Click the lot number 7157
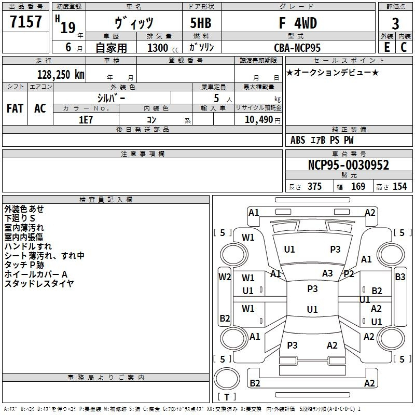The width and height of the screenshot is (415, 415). point(25,22)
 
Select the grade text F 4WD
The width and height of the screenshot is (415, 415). point(298,23)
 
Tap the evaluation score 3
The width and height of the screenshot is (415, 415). point(395,24)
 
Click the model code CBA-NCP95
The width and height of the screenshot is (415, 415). point(297,48)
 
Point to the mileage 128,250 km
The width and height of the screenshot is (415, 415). point(61,75)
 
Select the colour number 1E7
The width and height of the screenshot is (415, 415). point(86,120)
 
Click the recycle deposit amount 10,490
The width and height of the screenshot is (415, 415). point(258,120)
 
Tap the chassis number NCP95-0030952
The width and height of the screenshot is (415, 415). point(349,165)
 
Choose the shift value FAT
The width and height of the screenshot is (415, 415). point(15,108)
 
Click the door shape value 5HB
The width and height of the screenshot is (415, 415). point(201,23)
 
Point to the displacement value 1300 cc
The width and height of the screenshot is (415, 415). point(163,48)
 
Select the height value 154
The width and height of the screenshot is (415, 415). point(399,187)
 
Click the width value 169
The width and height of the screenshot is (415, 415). point(358,187)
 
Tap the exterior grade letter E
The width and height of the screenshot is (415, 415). point(387,47)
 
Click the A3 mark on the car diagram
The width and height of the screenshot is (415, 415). point(327,273)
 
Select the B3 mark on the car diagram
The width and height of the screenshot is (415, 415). point(400,277)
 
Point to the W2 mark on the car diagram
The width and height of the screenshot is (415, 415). point(225,277)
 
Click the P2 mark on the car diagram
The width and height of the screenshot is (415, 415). point(349,274)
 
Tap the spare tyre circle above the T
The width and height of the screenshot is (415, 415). point(227,379)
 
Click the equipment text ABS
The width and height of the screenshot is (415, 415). point(298,140)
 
